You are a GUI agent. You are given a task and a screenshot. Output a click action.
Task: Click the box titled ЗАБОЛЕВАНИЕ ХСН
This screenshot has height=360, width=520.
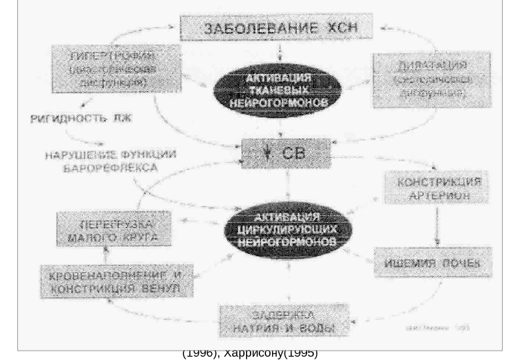click(x=280, y=28)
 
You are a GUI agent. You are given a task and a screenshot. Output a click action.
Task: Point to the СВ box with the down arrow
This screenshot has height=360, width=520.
click(x=285, y=153)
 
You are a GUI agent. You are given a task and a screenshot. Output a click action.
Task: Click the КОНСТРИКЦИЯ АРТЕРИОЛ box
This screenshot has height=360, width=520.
click(x=436, y=187)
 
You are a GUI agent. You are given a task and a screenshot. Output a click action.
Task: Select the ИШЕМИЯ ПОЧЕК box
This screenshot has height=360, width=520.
click(x=432, y=263)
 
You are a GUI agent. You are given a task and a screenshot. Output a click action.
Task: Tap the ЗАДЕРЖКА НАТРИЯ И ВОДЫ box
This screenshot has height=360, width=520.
click(x=284, y=321)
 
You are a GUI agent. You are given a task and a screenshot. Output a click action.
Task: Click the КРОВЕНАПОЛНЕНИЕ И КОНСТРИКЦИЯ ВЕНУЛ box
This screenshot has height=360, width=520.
click(x=118, y=281)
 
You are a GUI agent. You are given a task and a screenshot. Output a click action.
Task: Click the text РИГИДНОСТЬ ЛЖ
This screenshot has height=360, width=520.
click(x=81, y=119)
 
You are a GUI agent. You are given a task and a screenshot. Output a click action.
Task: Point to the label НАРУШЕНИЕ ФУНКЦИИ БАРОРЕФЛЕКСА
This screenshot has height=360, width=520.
click(x=111, y=161)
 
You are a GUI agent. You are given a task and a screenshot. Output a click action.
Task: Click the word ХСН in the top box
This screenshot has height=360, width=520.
click(x=343, y=28)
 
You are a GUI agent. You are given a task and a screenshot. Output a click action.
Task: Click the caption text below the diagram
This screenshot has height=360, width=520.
click(x=250, y=353)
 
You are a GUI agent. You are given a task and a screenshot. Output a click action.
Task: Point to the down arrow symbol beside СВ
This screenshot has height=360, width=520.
click(x=267, y=153)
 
